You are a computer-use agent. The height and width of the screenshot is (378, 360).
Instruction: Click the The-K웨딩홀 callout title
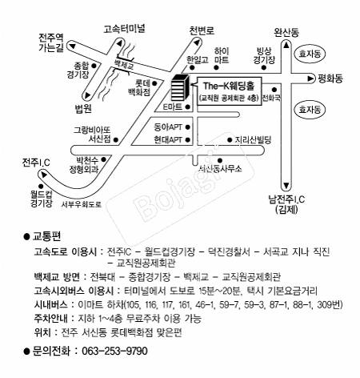pyautogui.click(x=229, y=86)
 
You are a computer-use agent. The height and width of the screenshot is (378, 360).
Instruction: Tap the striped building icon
pyautogui.click(x=180, y=87)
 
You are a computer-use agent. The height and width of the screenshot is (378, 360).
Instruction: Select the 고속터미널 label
pyautogui.click(x=124, y=29)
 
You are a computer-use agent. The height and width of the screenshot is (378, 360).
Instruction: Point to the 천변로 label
pyautogui.click(x=202, y=31)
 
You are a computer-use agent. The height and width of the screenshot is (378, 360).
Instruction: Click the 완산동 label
pyautogui.click(x=286, y=32)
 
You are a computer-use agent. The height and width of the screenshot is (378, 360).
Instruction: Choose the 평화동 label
pyautogui.click(x=330, y=78)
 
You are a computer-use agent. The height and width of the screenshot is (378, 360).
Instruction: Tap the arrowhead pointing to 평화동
pyautogui.click(x=310, y=78)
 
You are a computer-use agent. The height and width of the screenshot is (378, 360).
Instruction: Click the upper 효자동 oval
pyautogui.click(x=310, y=54)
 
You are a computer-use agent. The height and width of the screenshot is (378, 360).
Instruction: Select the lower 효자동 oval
pyautogui.click(x=310, y=110)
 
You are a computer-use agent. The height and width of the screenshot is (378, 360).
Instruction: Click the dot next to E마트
pyautogui.click(x=188, y=107)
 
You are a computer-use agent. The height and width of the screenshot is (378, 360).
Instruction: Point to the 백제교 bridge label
pyautogui.click(x=123, y=64)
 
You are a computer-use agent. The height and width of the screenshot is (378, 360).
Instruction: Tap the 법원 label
pyautogui.click(x=83, y=108)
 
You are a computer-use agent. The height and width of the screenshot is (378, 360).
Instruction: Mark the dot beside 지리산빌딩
pyautogui.click(x=230, y=140)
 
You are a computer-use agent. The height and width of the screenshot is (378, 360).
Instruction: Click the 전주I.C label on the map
pyautogui.click(x=36, y=163)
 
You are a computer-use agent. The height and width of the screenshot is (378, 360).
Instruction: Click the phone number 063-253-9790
pyautogui.click(x=114, y=351)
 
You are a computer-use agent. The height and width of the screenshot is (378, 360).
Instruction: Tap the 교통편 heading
pyautogui.click(x=46, y=236)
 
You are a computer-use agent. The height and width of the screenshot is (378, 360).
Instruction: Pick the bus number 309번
pyautogui.click(x=330, y=304)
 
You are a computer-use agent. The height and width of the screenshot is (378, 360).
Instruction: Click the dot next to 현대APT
pyautogui.click(x=188, y=139)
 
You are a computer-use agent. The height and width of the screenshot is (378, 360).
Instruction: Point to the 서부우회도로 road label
pyautogui.click(x=82, y=204)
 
